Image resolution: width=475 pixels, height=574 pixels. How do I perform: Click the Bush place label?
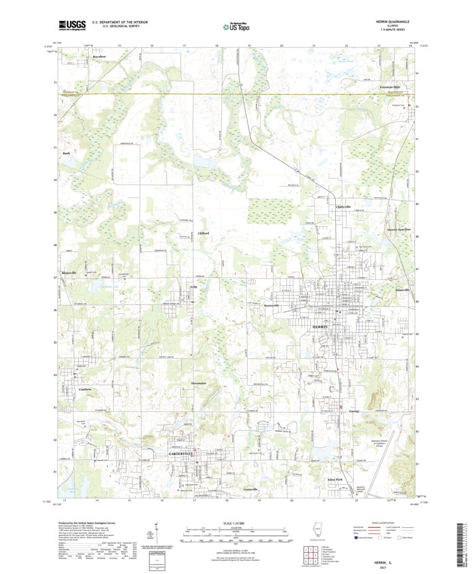pyautogui.click(x=66, y=154)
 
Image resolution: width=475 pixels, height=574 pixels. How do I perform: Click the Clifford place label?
pyautogui.click(x=203, y=233)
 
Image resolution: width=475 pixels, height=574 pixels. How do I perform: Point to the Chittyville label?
pyautogui.click(x=343, y=206)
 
